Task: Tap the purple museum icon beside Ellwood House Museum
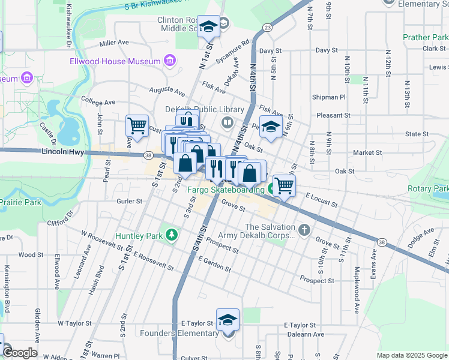(x=169, y=61)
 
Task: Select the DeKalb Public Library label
(x=205, y=109)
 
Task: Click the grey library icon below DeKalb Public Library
(x=227, y=123)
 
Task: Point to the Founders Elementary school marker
(x=228, y=320)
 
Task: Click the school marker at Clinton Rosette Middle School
(x=208, y=27)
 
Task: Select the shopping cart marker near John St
(x=137, y=127)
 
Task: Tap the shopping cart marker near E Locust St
(x=284, y=185)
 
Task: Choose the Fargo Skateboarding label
(x=226, y=190)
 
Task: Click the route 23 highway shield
(x=267, y=28)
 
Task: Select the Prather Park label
(x=425, y=37)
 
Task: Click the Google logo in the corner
(x=20, y=353)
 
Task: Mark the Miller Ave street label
(x=115, y=43)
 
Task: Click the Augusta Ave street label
(x=167, y=92)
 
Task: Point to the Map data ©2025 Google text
(x=411, y=355)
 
